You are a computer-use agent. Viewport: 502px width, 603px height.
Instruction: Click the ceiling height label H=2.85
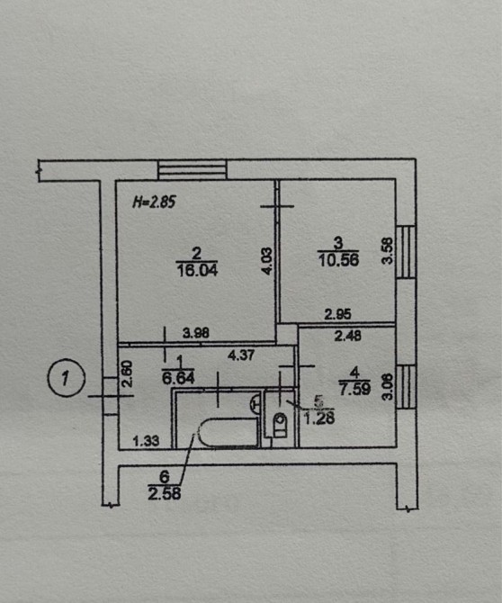pos(154,202)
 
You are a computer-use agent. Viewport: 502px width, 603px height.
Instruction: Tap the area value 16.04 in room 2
pos(197,270)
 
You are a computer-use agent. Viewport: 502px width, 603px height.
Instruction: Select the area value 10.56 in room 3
pos(338,260)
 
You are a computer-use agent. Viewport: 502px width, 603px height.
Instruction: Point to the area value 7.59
pos(354,389)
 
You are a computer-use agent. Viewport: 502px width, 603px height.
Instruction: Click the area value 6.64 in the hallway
pos(178,378)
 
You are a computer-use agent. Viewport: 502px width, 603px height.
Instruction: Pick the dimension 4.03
pos(267,261)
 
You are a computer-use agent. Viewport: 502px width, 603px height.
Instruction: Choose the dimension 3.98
pos(196,333)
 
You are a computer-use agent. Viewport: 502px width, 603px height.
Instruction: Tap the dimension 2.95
pos(338,315)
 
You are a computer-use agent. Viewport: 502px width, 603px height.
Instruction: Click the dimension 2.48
pos(348,336)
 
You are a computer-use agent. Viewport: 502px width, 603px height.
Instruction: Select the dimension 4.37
pos(241,355)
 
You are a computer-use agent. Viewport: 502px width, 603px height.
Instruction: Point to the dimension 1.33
pos(146,441)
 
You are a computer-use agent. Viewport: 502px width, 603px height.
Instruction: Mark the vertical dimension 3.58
pos(388,251)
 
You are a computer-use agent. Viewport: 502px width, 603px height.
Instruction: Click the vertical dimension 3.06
pos(388,387)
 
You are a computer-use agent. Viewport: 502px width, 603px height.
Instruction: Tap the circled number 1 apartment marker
pos(66,378)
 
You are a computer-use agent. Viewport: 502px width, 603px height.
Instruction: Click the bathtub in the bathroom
pos(228,433)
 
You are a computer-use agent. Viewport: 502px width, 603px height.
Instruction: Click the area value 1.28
pos(319,418)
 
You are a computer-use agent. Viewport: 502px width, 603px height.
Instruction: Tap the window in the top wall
pos(193,170)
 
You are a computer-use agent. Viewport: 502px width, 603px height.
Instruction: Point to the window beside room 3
pos(406,252)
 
